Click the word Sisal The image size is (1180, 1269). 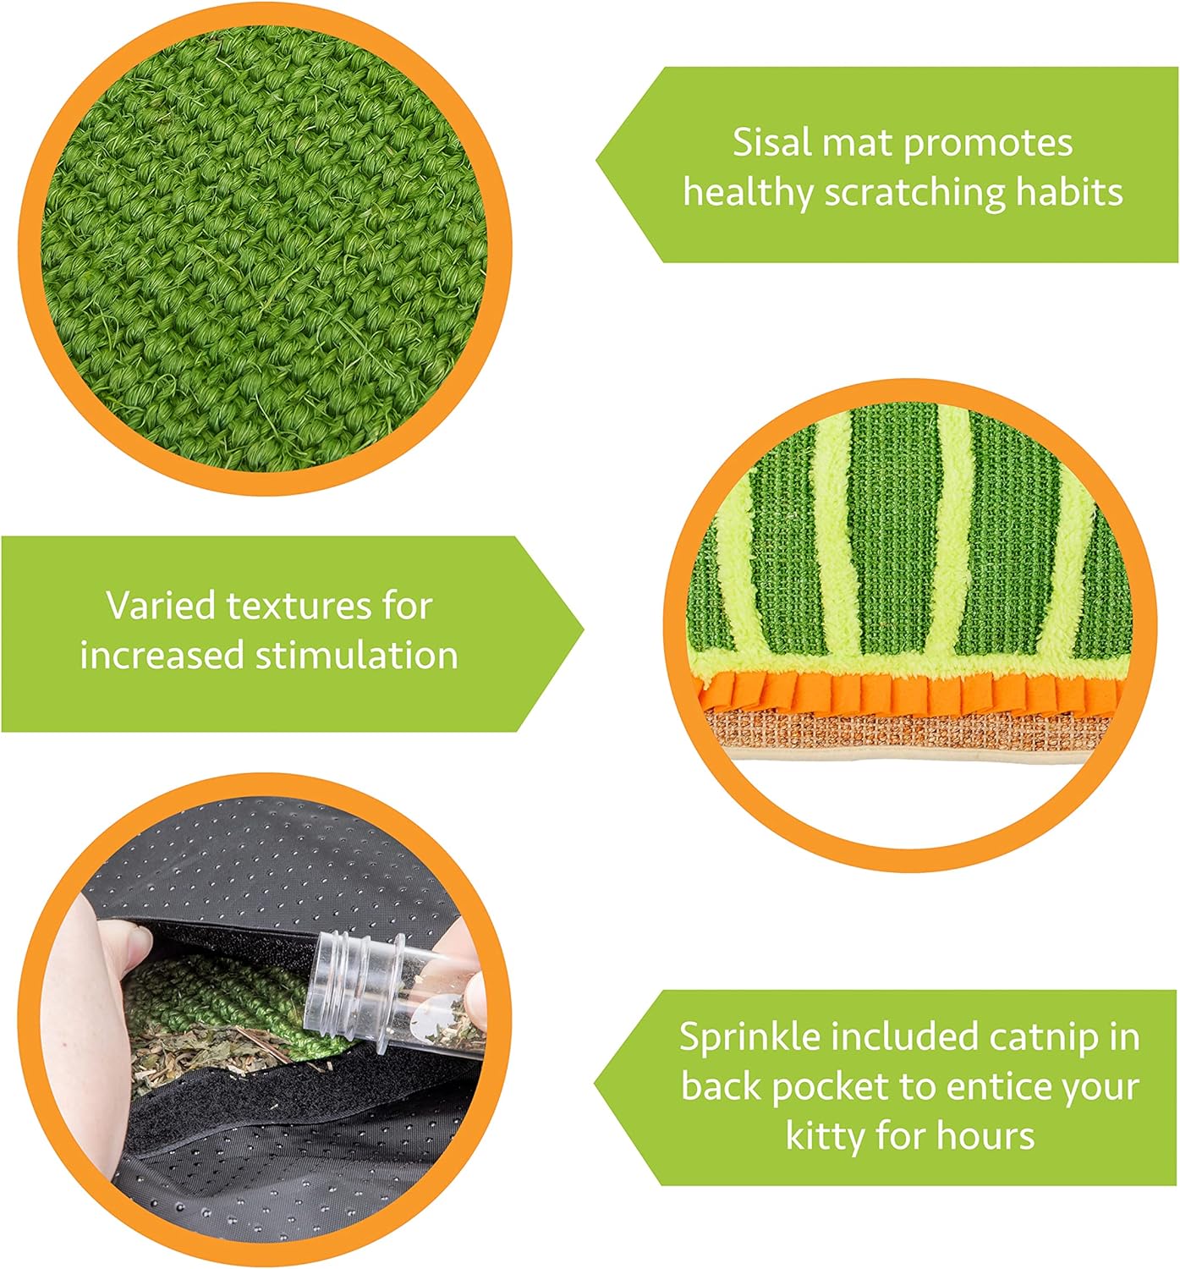point(772,142)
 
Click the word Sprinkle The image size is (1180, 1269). point(749,1037)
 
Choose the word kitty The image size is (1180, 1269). point(826,1136)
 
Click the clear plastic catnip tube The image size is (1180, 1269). point(398,998)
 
